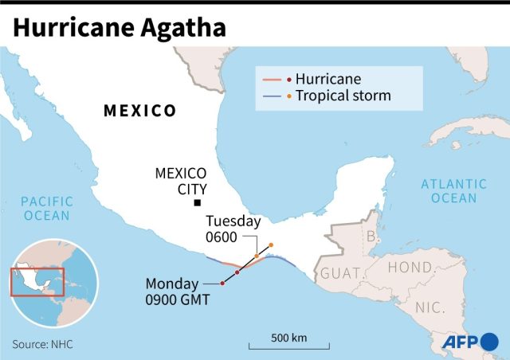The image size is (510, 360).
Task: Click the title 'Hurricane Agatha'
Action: tap(119, 27)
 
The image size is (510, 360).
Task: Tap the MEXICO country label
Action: tap(140, 111)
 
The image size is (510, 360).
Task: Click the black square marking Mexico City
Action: tap(197, 204)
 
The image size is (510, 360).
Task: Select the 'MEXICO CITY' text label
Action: tap(181, 181)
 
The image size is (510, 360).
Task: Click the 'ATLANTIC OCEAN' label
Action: tap(454, 191)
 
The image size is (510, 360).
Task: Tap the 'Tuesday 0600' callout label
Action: tap(233, 229)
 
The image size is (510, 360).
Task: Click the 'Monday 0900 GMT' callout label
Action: tap(177, 292)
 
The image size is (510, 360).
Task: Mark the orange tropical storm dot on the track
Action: tap(271, 245)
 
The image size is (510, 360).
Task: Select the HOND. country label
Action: tap(410, 268)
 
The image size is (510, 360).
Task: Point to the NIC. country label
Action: tap(430, 306)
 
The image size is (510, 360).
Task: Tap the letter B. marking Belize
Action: tap(370, 236)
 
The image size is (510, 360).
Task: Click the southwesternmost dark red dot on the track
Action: tap(222, 284)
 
